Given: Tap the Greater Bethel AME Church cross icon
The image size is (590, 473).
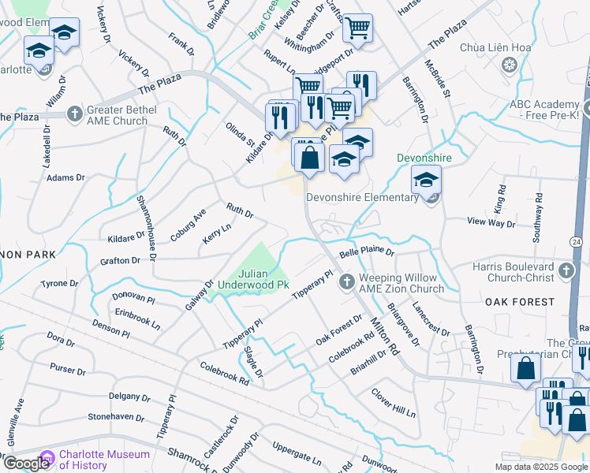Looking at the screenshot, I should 75,113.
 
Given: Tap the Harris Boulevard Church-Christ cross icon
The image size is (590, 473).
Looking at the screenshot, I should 565,271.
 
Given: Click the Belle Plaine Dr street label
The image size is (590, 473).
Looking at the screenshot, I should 367,253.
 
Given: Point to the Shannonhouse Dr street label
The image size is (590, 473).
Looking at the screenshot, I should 147,229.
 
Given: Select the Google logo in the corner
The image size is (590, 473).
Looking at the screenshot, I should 25,464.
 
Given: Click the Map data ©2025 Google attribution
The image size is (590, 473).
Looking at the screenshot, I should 541,467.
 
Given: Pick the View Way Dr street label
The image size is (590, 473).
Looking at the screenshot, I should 491,223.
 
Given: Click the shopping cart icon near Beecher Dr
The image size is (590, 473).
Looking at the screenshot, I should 357,30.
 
